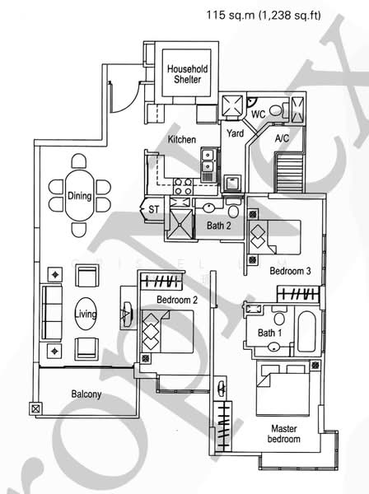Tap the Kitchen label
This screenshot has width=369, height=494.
[182, 139]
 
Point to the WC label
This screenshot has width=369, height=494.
[258, 112]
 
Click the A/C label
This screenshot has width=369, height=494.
[281, 139]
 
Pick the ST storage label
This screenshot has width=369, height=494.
[153, 210]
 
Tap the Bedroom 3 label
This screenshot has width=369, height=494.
[290, 271]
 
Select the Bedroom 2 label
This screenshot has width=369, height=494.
[176, 300]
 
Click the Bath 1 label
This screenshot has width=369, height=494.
[269, 332]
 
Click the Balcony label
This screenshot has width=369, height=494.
[86, 394]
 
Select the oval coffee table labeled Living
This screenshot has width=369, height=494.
[86, 315]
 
